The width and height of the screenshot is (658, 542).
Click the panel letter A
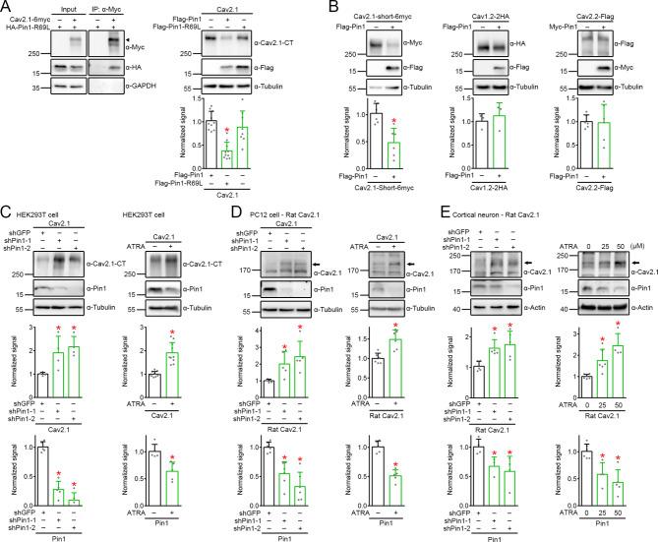coord(8,8)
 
